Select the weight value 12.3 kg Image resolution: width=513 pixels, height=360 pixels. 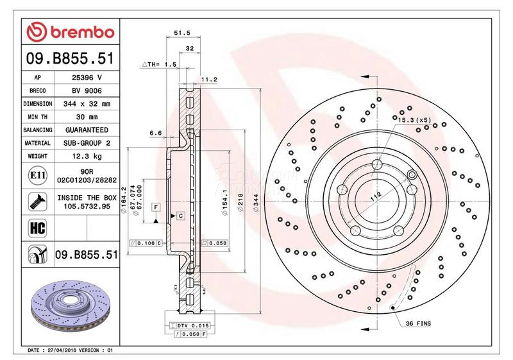[x=84, y=156]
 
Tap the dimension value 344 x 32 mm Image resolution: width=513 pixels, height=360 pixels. [x=84, y=103]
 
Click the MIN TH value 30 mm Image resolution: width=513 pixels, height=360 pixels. [x=84, y=116]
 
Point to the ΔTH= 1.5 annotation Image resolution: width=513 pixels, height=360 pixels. [x=158, y=65]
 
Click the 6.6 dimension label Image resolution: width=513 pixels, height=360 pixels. [x=155, y=133]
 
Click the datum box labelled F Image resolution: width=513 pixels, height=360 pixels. [x=155, y=207]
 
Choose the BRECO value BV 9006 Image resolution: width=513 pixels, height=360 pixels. [x=84, y=90]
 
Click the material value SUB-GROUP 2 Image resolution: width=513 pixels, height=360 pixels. [x=84, y=142]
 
